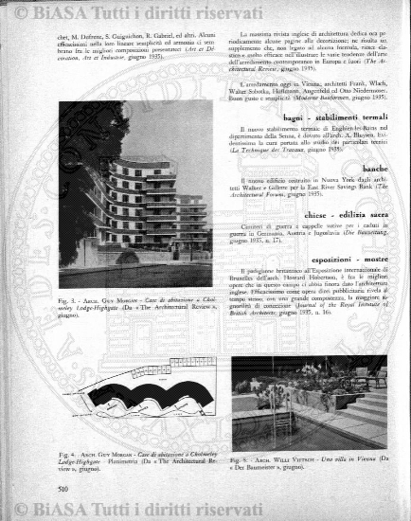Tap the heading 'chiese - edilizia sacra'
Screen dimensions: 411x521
pos(347,215)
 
